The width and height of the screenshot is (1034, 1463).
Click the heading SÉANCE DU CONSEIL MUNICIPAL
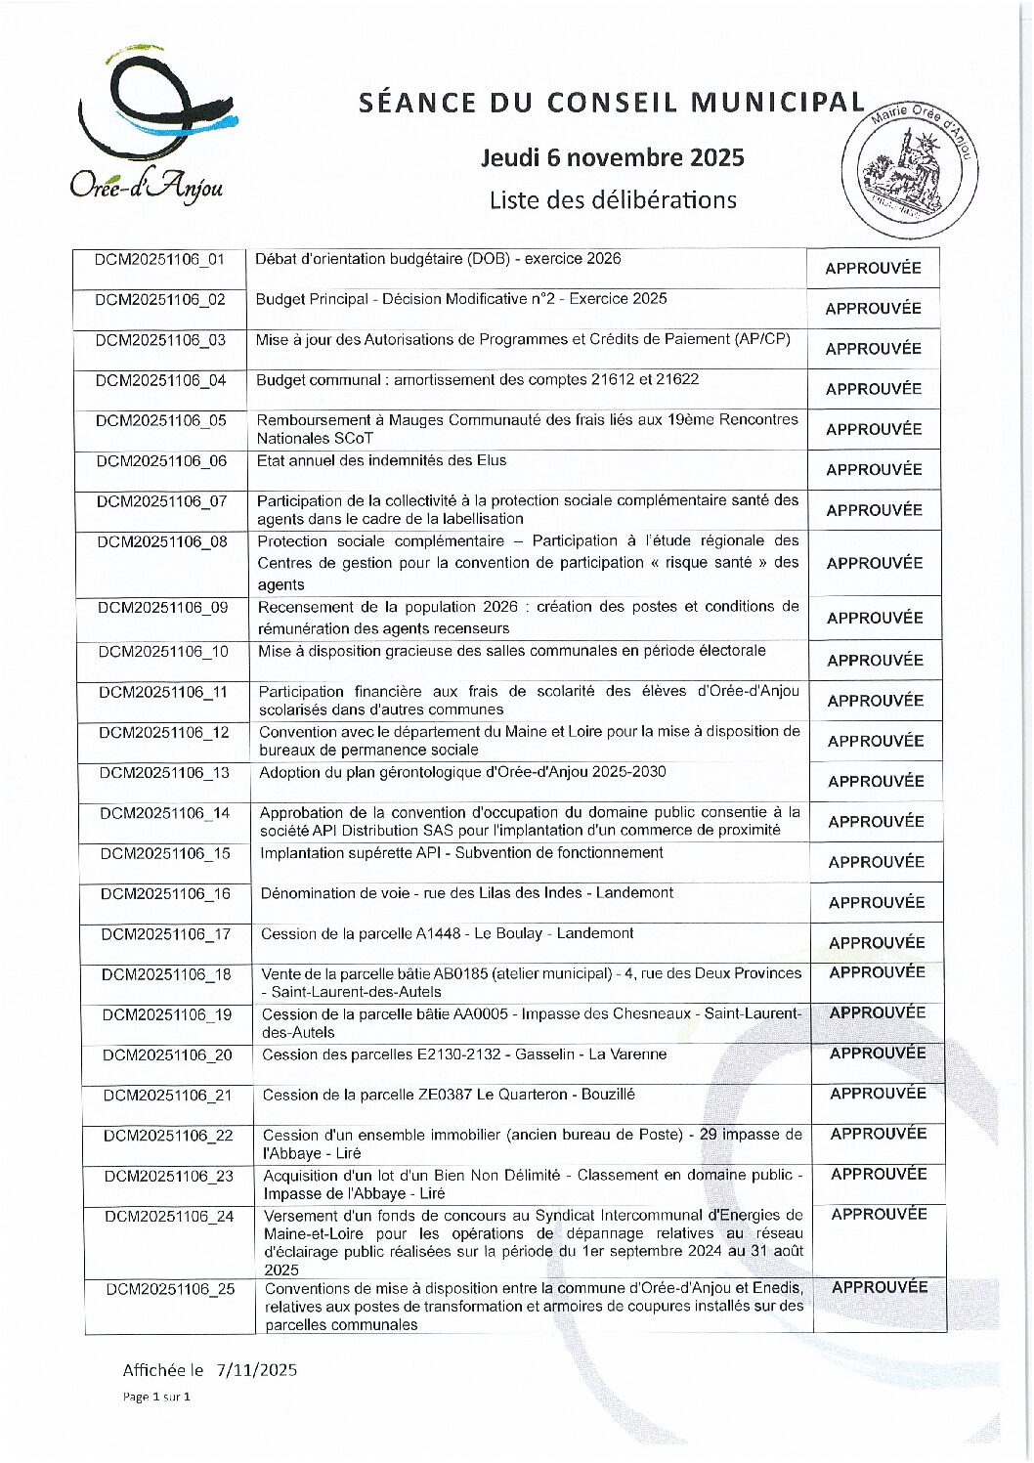612,103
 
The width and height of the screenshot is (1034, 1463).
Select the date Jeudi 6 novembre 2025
612,157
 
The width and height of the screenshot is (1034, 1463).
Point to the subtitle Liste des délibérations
613,200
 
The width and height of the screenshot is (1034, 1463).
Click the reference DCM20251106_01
159,260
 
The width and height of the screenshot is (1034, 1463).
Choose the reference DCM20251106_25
170,1289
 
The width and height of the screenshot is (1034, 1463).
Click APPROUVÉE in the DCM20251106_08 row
874,563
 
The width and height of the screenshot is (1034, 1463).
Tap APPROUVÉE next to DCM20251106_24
879,1214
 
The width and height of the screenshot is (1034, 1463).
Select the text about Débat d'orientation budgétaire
438,259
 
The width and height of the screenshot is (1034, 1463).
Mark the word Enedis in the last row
781,1288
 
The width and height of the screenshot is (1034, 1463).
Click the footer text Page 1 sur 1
156,1397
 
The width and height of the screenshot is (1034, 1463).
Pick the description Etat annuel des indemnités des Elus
381,460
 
